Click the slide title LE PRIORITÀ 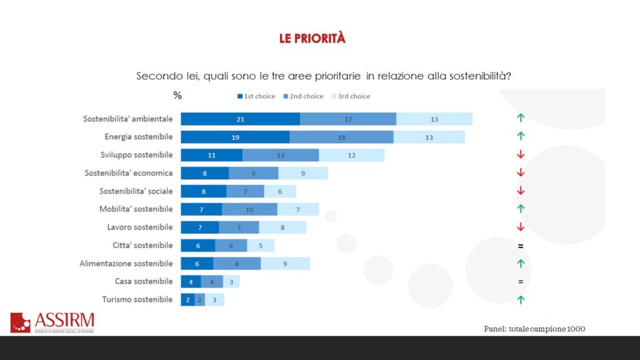pyautogui.click(x=312, y=39)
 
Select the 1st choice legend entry pyautogui.click(x=256, y=96)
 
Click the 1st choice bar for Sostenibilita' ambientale pyautogui.click(x=240, y=119)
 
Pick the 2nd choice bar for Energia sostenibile pyautogui.click(x=341, y=137)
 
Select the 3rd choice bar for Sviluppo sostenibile pyautogui.click(x=351, y=155)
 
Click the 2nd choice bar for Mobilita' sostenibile pyautogui.click(x=249, y=209)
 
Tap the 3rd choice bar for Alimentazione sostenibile pyautogui.click(x=285, y=264)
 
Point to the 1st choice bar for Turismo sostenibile pyautogui.click(x=187, y=300)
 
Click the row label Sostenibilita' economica pyautogui.click(x=128, y=172)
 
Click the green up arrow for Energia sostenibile pyautogui.click(x=521, y=136)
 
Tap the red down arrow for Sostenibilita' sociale pyautogui.click(x=521, y=191)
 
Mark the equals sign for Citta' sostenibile pyautogui.click(x=521, y=246)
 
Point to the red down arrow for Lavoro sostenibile pyautogui.click(x=521, y=227)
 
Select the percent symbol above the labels pyautogui.click(x=177, y=96)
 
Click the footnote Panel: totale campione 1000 pyautogui.click(x=534, y=329)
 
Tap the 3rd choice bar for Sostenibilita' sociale pyautogui.click(x=280, y=191)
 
